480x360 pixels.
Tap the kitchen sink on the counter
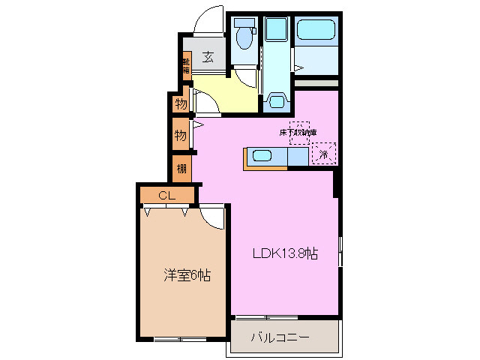point(262,156)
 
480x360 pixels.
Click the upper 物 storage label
point(181,103)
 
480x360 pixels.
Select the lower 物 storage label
point(181,135)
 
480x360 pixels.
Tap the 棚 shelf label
point(181,168)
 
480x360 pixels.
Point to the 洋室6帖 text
point(186,274)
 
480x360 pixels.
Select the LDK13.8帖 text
point(284,253)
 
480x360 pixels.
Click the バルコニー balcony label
point(279,338)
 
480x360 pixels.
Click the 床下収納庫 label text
point(298,132)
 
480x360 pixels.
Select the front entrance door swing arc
point(208,22)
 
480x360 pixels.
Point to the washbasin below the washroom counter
point(277,100)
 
